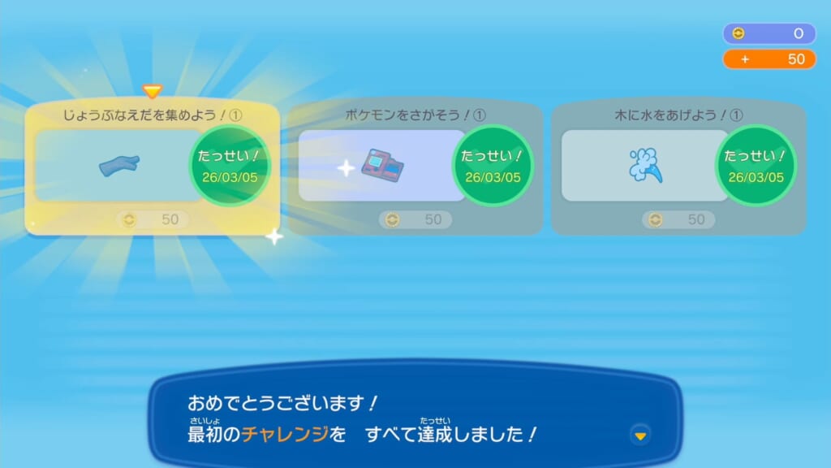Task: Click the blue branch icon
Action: (x=119, y=165)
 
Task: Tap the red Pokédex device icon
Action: (x=382, y=165)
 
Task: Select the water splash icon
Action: (x=645, y=166)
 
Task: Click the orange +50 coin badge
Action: (x=769, y=58)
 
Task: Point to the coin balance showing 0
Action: (x=769, y=33)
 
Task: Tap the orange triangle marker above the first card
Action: (x=152, y=91)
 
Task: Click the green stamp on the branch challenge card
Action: (x=230, y=166)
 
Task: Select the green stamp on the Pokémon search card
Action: (x=493, y=166)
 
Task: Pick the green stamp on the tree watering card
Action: (x=756, y=166)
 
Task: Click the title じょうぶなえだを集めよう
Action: (x=141, y=115)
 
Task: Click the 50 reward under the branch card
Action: (x=153, y=219)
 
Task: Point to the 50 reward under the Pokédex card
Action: (x=415, y=219)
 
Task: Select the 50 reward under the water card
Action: (x=678, y=219)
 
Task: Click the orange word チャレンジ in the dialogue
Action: (x=285, y=434)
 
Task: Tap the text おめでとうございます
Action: (x=276, y=403)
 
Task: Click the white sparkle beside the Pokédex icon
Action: (x=346, y=168)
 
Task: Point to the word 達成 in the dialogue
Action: (x=435, y=434)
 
